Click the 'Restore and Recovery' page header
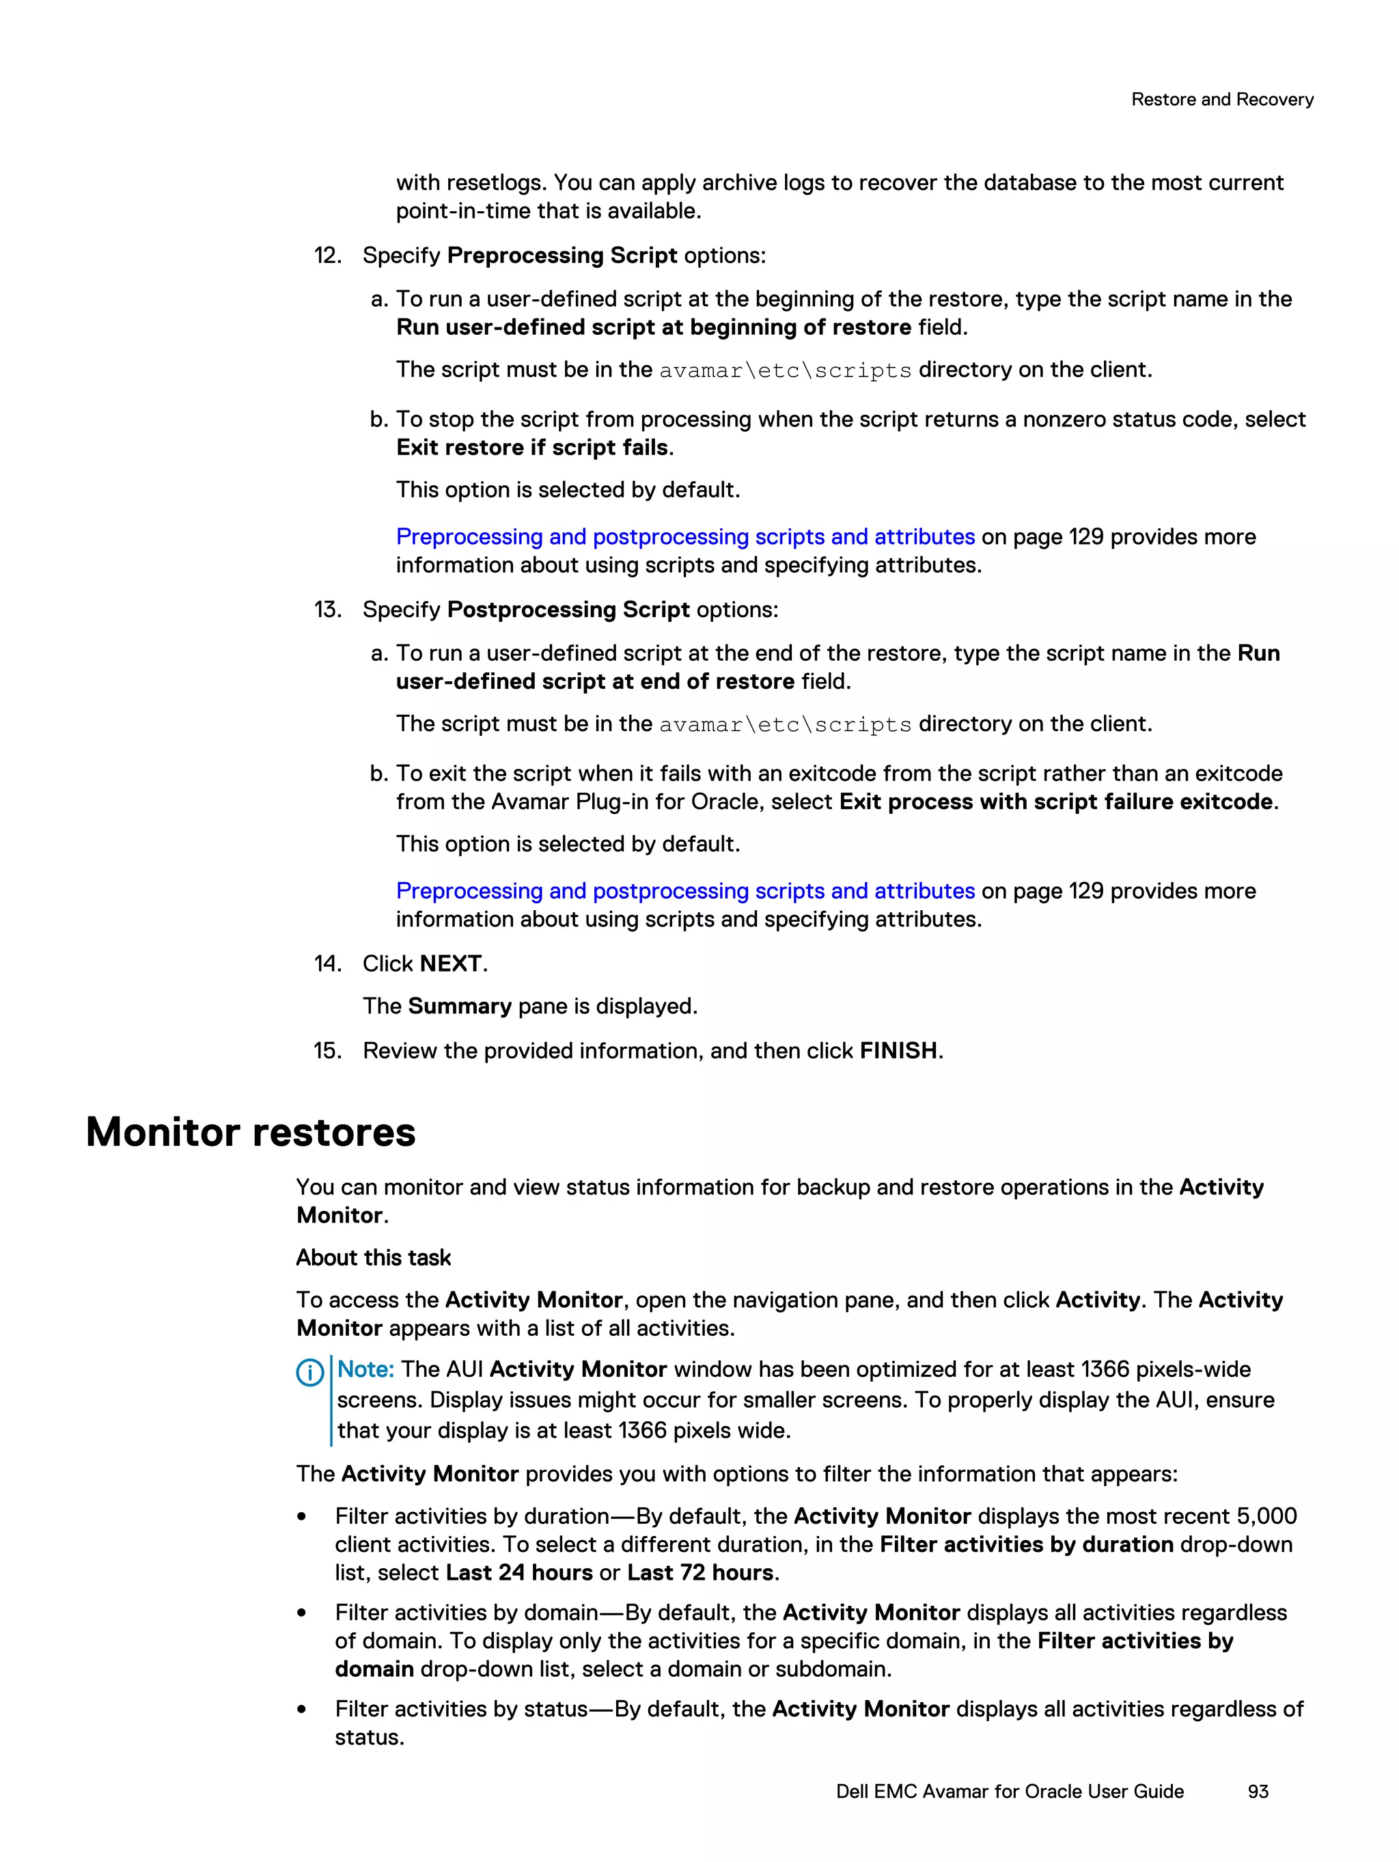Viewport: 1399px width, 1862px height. pyautogui.click(x=1221, y=99)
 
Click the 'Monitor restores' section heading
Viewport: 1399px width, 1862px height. pyautogui.click(x=251, y=1132)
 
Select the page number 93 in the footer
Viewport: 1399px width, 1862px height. pyautogui.click(x=1258, y=1792)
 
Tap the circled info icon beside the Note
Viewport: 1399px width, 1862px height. pyautogui.click(x=309, y=1373)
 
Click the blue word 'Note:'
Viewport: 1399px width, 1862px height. pyautogui.click(x=365, y=1369)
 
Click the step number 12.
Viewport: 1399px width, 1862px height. pyautogui.click(x=327, y=256)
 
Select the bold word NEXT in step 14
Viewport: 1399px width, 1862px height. pyautogui.click(x=450, y=964)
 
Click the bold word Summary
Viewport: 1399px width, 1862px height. pyautogui.click(x=460, y=1007)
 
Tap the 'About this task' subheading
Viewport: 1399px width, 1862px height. pyautogui.click(x=374, y=1257)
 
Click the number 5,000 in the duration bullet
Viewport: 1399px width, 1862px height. pyautogui.click(x=1266, y=1516)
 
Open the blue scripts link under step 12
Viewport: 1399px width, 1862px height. pyautogui.click(x=685, y=537)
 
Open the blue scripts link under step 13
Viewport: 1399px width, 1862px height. pyautogui.click(x=685, y=892)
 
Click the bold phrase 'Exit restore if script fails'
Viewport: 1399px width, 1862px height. pyautogui.click(x=532, y=448)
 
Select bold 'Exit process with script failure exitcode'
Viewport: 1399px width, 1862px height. pyautogui.click(x=1055, y=802)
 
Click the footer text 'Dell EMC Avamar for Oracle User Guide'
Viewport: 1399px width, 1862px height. pyautogui.click(x=1009, y=1792)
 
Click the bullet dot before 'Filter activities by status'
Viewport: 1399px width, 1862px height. pyautogui.click(x=301, y=1710)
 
